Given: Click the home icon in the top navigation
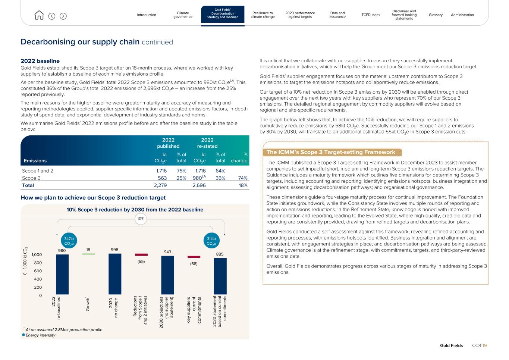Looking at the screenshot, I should coord(39,15).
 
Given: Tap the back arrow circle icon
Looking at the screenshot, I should coord(52,16).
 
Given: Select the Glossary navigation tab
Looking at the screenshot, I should coord(436,15).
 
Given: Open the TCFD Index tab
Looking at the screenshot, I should coord(371,15).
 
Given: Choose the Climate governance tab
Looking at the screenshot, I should coord(183,15).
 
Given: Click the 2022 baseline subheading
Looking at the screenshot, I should coord(40,61).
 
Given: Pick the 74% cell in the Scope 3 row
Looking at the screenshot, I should coord(242,178).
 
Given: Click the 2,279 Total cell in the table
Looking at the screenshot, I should coord(160,185).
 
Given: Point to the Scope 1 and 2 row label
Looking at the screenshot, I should coord(38,171).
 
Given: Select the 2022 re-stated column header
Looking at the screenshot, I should coord(207,143).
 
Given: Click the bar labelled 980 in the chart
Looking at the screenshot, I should coord(62,274).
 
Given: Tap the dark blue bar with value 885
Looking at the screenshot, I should coord(220,276).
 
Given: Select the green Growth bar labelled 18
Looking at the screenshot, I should coord(88,254).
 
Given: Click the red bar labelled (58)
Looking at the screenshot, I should coord(194,257).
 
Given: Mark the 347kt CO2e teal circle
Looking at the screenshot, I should coord(69,241).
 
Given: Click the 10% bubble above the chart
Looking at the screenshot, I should coord(141,219).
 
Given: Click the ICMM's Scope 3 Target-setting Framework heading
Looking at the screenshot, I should coord(331,152).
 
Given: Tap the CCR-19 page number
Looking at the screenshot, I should coord(479,345).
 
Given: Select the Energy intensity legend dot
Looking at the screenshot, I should coord(23,335).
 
